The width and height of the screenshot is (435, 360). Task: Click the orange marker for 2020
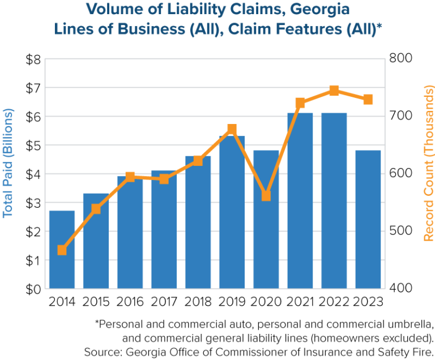tap(266, 196)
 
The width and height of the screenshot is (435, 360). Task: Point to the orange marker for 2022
tap(334, 91)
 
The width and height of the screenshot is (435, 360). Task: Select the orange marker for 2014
tap(62, 250)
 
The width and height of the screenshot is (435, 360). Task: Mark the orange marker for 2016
tap(130, 177)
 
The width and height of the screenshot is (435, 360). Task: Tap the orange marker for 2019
tap(232, 129)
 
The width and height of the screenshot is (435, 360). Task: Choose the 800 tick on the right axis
tap(400, 59)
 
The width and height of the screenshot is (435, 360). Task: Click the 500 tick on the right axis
tap(400, 231)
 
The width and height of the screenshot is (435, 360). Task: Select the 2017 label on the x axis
tap(164, 302)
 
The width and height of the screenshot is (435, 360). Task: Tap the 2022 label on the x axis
tap(334, 302)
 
